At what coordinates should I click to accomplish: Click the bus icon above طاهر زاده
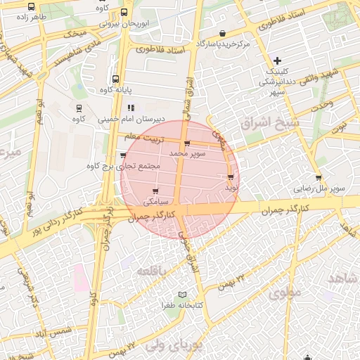[30, 6]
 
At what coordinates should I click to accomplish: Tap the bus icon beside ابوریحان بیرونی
[124, 12]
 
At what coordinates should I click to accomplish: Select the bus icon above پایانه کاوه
[115, 79]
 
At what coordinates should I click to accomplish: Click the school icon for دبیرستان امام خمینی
[131, 108]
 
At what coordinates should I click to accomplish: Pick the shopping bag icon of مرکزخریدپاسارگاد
[223, 34]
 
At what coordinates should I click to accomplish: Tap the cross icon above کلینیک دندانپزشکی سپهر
[278, 60]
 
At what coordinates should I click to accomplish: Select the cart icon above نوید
[231, 176]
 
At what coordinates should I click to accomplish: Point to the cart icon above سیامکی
[155, 191]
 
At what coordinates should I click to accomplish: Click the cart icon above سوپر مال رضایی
[319, 178]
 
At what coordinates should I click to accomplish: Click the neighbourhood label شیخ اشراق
[269, 124]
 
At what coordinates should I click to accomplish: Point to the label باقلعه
[153, 270]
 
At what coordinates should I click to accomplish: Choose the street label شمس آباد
[56, 330]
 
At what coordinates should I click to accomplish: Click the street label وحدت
[321, 104]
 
